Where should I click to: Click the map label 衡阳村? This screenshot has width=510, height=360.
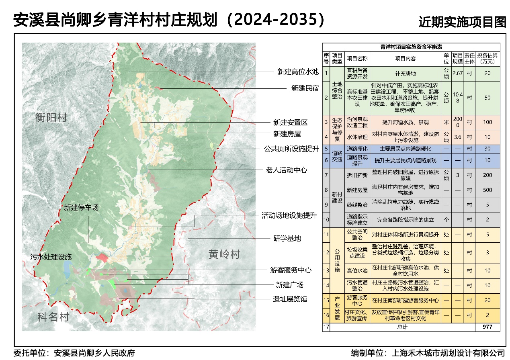51,118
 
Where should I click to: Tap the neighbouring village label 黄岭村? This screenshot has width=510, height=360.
224,254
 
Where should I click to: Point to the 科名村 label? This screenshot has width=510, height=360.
53,317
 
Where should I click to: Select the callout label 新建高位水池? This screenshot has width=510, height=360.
298,72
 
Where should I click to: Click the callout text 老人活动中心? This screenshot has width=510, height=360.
287,170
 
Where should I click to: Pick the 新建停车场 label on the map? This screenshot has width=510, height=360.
81,207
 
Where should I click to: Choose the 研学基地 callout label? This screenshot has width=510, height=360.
287,239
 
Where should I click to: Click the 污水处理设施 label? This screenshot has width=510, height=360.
51,256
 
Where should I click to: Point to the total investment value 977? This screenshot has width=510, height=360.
487,327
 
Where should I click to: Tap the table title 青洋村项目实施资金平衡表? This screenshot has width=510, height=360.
411,47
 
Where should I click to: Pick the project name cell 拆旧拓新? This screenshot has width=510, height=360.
357,175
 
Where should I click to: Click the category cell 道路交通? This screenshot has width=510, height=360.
337,157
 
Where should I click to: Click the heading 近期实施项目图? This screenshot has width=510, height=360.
462,22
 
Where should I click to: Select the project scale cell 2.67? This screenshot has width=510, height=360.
457,74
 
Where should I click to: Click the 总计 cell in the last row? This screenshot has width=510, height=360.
402,327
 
